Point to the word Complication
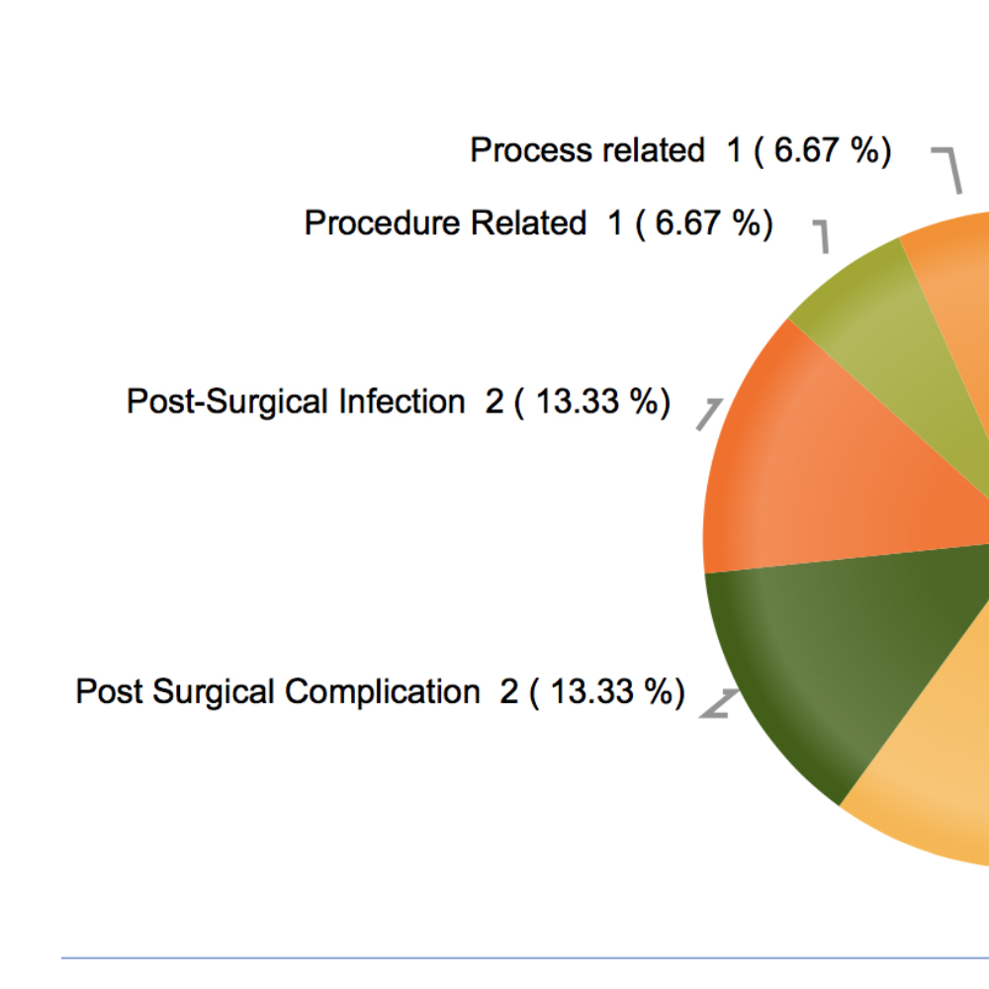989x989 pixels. (383, 691)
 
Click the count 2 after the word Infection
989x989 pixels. (494, 403)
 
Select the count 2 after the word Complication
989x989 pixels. (509, 691)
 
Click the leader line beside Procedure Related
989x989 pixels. (822, 235)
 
